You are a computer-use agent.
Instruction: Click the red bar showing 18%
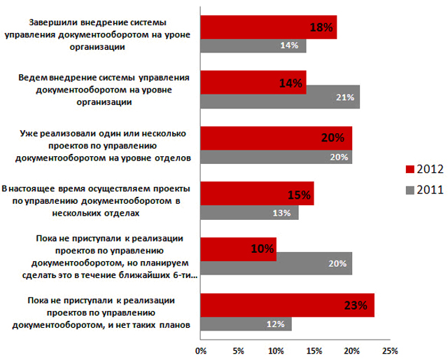(268, 27)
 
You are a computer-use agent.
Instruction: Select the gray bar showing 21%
(280, 97)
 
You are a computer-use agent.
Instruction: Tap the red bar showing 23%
(287, 305)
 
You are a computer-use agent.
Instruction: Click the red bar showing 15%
(257, 194)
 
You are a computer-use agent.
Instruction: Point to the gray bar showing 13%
(249, 212)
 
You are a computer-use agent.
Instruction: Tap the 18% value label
(321, 27)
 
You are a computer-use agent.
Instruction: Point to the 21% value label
(344, 97)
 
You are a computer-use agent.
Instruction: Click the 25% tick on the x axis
(389, 349)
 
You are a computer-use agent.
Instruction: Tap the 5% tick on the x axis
(239, 349)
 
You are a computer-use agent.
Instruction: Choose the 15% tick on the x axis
(314, 349)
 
